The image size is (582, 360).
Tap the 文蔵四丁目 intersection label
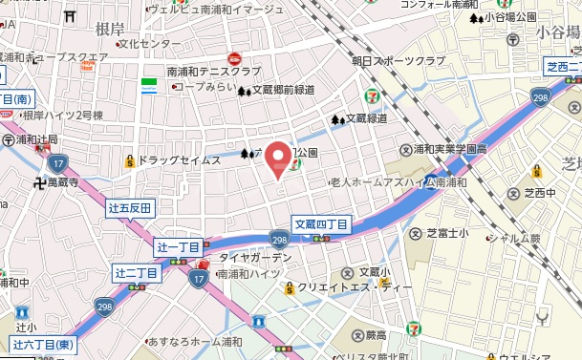(x=320, y=223)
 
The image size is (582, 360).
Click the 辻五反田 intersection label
(x=131, y=207)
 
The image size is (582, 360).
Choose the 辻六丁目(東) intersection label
(x=43, y=344)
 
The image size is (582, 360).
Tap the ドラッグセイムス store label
(x=179, y=160)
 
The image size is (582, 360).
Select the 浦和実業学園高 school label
(x=442, y=150)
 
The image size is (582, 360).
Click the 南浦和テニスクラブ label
(x=213, y=72)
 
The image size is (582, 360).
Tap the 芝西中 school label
(x=539, y=193)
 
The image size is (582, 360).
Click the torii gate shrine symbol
(x=70, y=16)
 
